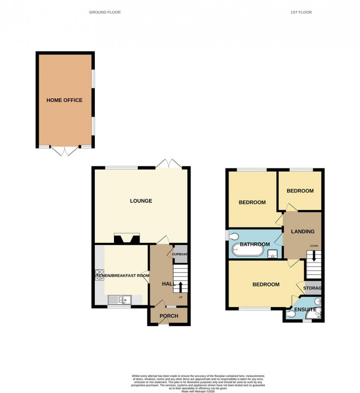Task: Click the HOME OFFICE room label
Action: point(64,100)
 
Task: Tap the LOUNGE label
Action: point(141,201)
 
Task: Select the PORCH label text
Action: point(168,316)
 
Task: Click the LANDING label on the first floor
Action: point(303,231)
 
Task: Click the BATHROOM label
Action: point(255,244)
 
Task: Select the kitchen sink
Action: point(120,300)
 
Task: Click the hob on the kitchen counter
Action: point(99,274)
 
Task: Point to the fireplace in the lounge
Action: point(126,239)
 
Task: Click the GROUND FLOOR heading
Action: point(105,12)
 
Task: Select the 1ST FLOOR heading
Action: point(301,12)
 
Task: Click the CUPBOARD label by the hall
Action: point(180,254)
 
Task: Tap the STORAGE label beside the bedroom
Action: point(312,288)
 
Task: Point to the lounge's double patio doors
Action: point(169,164)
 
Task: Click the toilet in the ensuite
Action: point(291,314)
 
